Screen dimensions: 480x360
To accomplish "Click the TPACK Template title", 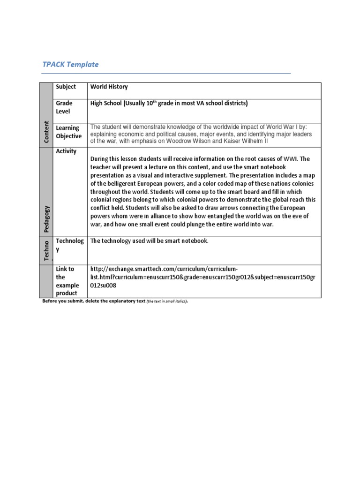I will pos(70,64).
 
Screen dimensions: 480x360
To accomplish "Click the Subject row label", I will pos(66,87).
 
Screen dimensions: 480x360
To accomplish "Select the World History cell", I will pos(109,87).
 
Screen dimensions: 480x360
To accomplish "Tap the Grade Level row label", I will pos(64,107).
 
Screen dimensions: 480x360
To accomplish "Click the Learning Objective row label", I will pos(68,132).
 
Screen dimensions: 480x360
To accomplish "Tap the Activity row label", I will pos(66,151).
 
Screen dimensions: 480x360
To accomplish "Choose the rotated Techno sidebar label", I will pos(46,251).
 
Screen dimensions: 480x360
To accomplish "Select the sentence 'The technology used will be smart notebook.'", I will pos(149,241).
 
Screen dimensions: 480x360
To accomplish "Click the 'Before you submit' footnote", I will pos(93,301).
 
